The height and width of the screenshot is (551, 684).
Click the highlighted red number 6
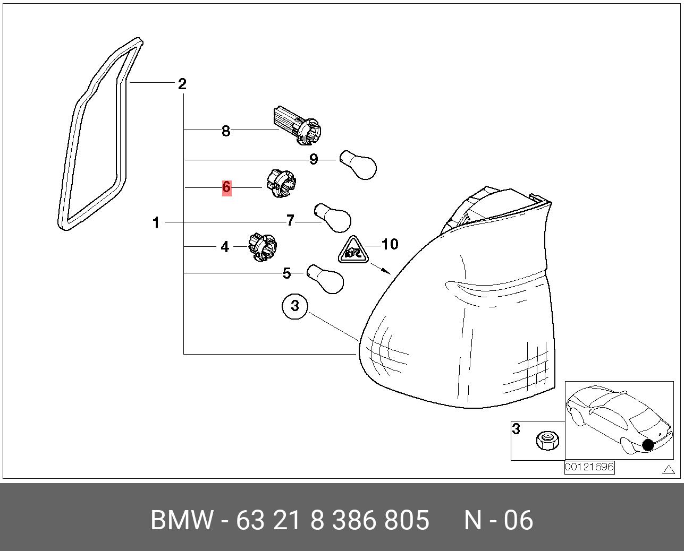tap(226, 187)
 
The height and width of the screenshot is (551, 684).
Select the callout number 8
tap(226, 131)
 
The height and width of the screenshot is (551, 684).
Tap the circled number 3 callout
tap(295, 306)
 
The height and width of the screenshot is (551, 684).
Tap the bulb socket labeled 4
tap(263, 247)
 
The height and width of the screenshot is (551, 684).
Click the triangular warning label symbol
tap(353, 251)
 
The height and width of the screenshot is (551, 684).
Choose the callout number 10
tap(390, 244)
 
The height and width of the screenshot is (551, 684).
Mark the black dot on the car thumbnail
tap(648, 444)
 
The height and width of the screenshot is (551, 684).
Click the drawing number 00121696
tap(589, 467)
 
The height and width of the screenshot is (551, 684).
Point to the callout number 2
tap(182, 84)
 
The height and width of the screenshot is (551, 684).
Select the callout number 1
tap(156, 223)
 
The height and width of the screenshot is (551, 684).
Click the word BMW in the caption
tap(182, 520)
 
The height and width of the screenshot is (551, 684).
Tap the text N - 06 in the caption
tap(498, 520)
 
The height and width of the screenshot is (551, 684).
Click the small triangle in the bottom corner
tap(669, 469)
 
